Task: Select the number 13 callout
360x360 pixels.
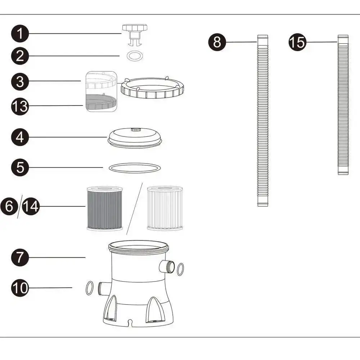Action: (20, 107)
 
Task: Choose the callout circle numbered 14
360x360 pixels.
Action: (31, 207)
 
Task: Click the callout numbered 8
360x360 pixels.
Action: (217, 42)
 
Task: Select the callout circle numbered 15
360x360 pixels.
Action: (297, 42)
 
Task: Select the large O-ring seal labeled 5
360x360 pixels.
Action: (135, 168)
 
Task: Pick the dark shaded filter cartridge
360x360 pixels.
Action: (105, 208)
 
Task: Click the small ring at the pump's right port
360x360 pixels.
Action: (180, 269)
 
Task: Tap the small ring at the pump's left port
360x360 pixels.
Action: (89, 288)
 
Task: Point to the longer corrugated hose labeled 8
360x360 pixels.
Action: (263, 121)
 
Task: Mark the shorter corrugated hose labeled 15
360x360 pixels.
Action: (343, 104)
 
